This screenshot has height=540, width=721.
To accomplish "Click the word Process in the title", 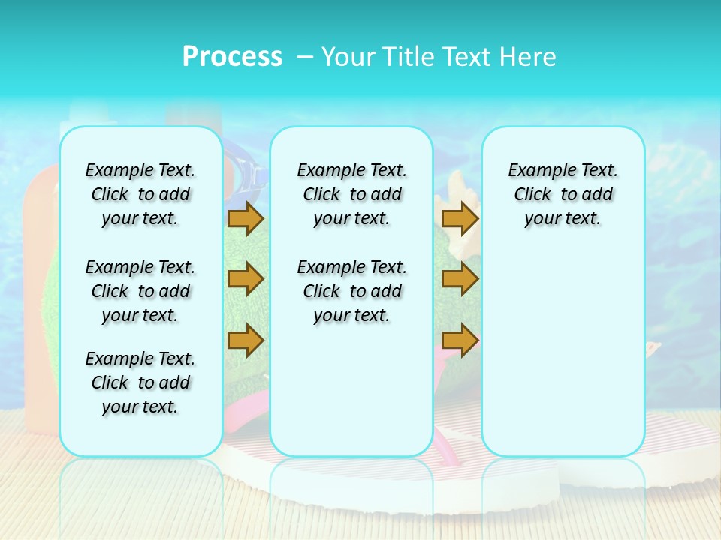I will (232, 56).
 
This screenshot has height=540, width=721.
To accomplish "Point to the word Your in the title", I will (348, 56).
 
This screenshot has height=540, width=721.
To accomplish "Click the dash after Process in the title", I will (305, 57).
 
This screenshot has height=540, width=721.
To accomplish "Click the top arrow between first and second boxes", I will (246, 218).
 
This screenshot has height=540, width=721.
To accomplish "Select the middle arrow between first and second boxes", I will (246, 279).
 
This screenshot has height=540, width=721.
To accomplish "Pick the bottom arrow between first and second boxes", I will (246, 340).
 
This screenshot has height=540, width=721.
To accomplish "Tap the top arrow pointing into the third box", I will (460, 218).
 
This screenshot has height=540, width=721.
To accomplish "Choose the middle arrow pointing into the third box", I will (460, 279).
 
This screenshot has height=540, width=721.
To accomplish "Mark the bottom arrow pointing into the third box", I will (460, 340).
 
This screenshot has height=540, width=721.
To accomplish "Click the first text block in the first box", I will (140, 194).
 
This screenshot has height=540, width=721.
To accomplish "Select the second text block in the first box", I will (140, 291).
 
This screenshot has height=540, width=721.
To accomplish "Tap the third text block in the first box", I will (140, 382).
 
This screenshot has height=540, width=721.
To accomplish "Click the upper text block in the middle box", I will (351, 194).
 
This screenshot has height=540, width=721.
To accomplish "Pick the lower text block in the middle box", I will (351, 291).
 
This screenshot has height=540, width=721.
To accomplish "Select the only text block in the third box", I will (563, 194).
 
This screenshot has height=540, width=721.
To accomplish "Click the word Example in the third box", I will (536, 170).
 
